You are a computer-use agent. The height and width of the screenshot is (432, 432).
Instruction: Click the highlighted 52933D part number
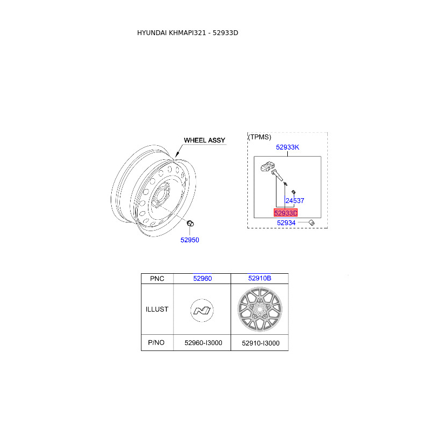[286, 213]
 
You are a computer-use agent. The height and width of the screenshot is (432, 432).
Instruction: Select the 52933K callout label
[287, 147]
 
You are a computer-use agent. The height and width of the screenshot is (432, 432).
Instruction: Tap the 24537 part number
[295, 200]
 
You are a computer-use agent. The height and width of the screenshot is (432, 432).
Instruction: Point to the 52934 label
[286, 222]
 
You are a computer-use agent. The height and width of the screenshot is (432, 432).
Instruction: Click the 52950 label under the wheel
[190, 240]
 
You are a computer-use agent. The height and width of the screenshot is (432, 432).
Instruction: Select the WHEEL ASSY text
[205, 140]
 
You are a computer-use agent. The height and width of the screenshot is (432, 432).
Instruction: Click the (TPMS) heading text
[259, 137]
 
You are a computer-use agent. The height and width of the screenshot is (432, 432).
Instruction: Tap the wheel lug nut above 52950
[190, 224]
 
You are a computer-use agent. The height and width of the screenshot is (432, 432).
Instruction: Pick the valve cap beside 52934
[312, 222]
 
